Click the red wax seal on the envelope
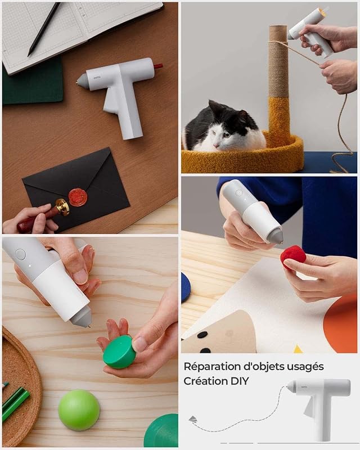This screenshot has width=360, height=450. [78, 197]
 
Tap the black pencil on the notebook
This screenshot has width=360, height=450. [44, 29]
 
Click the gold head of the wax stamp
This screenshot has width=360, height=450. [62, 207]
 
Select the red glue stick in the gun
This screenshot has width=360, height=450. [158, 66]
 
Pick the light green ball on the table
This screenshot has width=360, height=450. [79, 410]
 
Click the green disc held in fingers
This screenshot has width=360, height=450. [119, 352]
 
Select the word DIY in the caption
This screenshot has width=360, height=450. [240, 381]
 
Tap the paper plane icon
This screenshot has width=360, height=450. [193, 420]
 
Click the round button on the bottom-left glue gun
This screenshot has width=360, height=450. [20, 254]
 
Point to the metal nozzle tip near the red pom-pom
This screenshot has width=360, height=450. [280, 243]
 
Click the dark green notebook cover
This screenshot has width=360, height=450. [33, 82]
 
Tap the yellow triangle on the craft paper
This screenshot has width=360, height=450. [298, 349]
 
